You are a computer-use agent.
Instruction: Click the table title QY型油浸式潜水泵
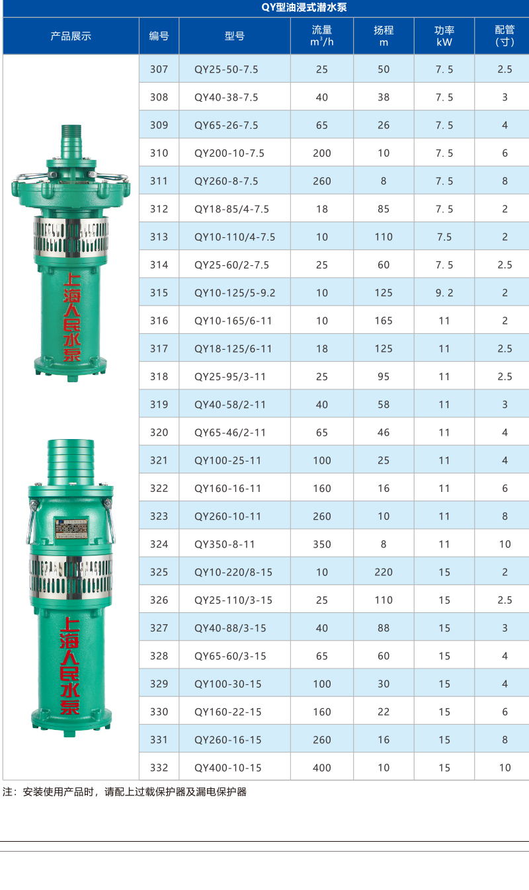(304, 7)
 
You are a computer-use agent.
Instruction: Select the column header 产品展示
(71, 36)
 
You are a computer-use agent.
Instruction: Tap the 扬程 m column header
(384, 36)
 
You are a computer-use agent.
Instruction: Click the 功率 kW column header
(444, 36)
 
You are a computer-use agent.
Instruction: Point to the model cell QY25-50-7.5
(226, 69)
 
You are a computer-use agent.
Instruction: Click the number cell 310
(159, 153)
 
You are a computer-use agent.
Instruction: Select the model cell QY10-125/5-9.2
(235, 293)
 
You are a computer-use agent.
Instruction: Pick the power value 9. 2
(444, 293)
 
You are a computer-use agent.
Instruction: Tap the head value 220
(384, 572)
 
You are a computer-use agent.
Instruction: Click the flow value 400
(322, 768)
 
